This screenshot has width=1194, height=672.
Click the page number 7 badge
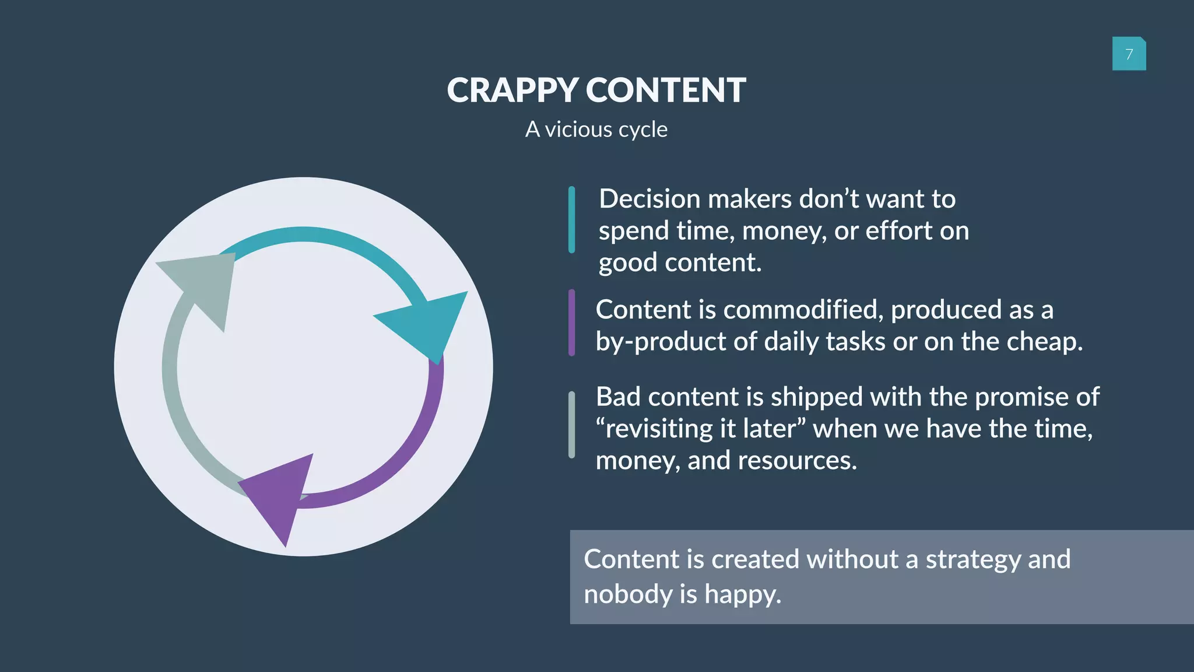(1129, 54)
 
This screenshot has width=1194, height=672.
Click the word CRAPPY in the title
(512, 90)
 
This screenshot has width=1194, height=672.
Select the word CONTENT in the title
(665, 90)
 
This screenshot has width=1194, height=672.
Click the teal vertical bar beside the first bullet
(571, 220)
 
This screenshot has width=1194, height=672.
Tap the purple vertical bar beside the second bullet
(571, 323)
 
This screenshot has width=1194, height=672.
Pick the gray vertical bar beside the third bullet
(571, 425)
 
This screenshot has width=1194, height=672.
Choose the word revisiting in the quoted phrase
(659, 429)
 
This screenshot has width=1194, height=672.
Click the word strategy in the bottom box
(973, 559)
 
